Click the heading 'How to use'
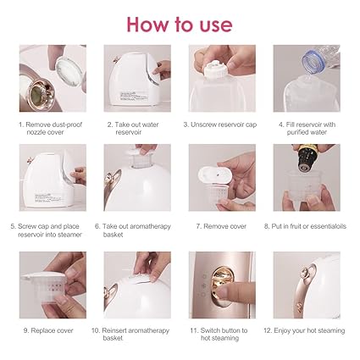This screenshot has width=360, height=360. pyautogui.click(x=180, y=25)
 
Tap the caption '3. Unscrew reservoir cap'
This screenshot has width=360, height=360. pyautogui.click(x=220, y=125)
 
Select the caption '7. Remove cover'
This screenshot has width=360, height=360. pyautogui.click(x=221, y=226)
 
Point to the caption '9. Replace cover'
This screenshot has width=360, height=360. pyautogui.click(x=48, y=330)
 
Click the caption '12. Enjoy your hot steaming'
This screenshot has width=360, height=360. pyautogui.click(x=304, y=330)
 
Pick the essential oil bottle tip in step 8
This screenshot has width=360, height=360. pyautogui.click(x=304, y=166)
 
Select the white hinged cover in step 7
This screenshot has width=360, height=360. pyautogui.click(x=216, y=175)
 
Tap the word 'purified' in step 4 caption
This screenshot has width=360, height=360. pyautogui.click(x=297, y=132)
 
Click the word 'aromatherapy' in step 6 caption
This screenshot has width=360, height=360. pyautogui.click(x=151, y=226)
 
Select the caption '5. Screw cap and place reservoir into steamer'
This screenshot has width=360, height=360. pyautogui.click(x=47, y=230)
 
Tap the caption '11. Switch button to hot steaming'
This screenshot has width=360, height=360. pyautogui.click(x=219, y=335)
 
